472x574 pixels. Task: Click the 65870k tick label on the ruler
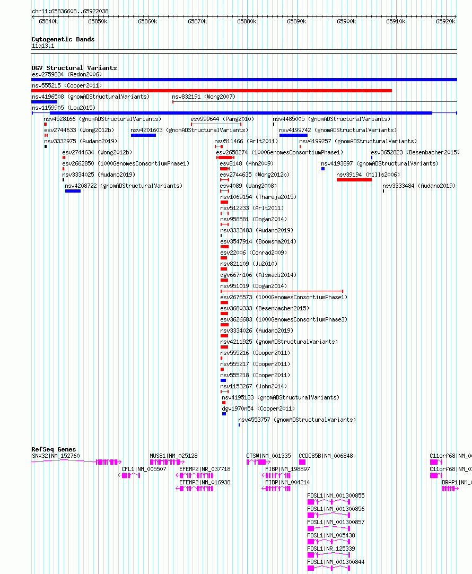(197, 22)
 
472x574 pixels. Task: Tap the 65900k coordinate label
(346, 22)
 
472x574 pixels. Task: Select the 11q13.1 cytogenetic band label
(43, 46)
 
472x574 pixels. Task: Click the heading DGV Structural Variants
(74, 68)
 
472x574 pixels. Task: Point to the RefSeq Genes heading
(54, 449)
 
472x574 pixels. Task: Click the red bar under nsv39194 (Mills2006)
(354, 180)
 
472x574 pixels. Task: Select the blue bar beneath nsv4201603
(143, 135)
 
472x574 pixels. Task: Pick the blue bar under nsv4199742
(293, 135)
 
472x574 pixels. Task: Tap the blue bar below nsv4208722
(73, 191)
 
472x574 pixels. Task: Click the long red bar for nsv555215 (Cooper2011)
(212, 90)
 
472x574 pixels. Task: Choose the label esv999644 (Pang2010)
(222, 119)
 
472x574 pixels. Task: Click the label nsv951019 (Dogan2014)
(254, 286)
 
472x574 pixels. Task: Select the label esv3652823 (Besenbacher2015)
(415, 152)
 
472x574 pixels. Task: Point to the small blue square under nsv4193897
(323, 169)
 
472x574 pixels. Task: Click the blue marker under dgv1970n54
(224, 414)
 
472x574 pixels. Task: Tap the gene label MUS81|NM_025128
(173, 456)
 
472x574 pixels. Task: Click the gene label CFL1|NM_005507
(144, 469)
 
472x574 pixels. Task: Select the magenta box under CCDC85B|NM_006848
(302, 462)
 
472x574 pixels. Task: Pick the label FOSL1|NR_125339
(331, 549)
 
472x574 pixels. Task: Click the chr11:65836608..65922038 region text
(70, 11)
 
